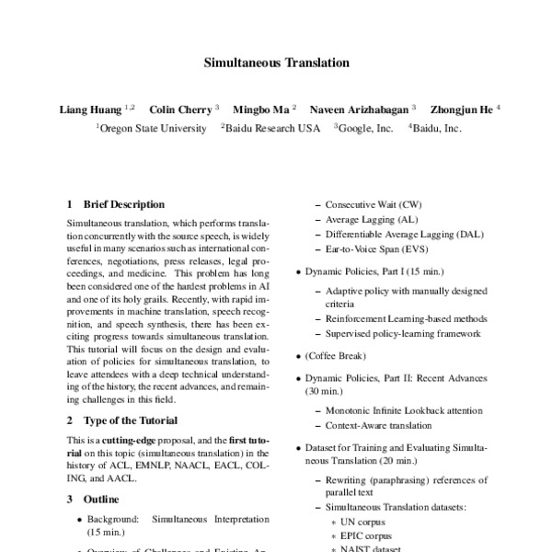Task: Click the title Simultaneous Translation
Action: (x=276, y=64)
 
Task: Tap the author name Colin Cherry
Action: (x=181, y=109)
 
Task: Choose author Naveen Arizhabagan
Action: (x=360, y=109)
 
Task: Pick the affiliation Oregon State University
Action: (x=154, y=129)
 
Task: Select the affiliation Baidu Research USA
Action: (x=273, y=129)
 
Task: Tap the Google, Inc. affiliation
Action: (x=367, y=129)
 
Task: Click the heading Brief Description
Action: (x=123, y=204)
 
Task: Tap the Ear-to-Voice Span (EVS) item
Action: (x=377, y=250)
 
